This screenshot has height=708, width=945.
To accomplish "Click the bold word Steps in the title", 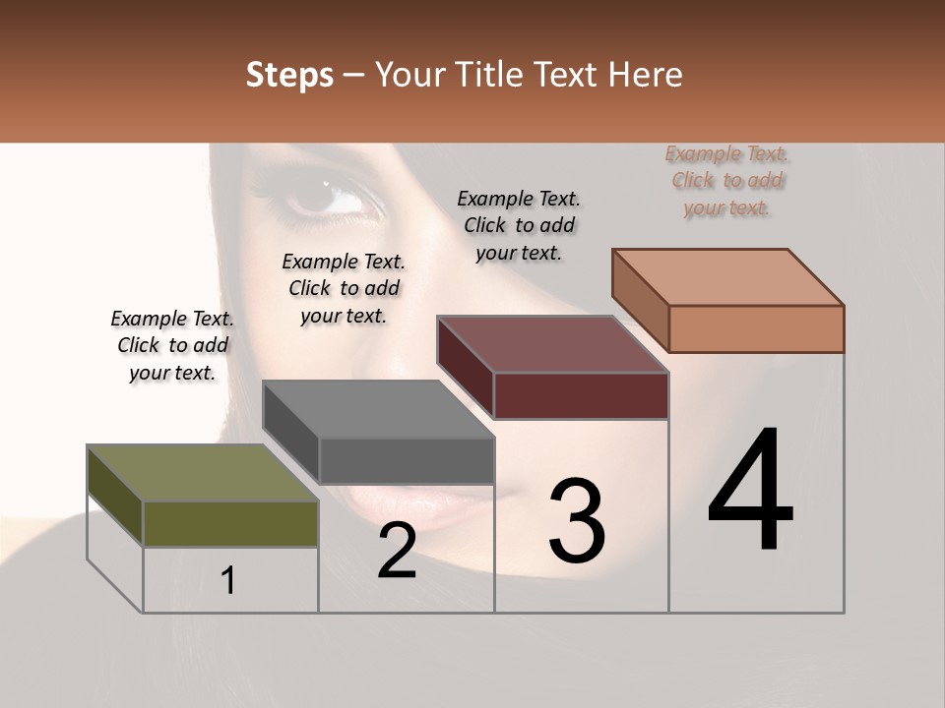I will [x=289, y=75].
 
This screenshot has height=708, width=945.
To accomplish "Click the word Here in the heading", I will [x=645, y=75].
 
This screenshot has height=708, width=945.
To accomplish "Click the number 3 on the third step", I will [x=576, y=520].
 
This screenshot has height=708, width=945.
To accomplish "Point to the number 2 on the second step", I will [x=397, y=552].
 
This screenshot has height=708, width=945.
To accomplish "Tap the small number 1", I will [x=228, y=580].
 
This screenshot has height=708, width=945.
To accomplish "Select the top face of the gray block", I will [x=379, y=409].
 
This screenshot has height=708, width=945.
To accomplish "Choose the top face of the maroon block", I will [x=553, y=344].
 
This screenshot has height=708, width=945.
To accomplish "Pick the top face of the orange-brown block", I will [x=728, y=277].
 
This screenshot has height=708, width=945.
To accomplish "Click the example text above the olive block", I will [x=172, y=345].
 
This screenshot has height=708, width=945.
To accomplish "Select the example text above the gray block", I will [x=344, y=288].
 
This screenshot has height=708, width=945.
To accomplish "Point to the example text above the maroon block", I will [x=519, y=225].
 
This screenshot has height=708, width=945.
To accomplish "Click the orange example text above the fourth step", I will [x=727, y=180].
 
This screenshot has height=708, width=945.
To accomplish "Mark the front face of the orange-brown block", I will [x=756, y=328].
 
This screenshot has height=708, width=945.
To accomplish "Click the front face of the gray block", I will [x=407, y=460].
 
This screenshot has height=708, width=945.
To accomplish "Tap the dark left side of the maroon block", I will [x=466, y=368].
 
